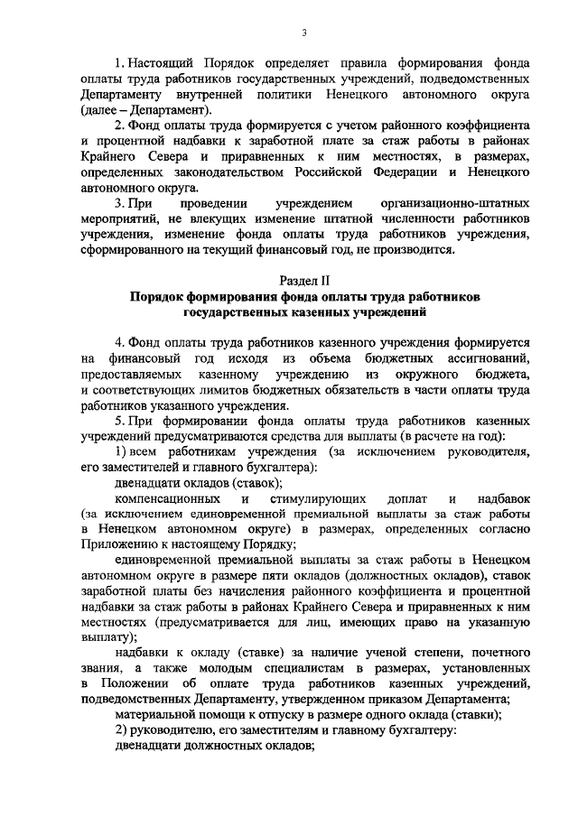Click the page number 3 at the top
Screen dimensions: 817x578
tap(304, 33)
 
